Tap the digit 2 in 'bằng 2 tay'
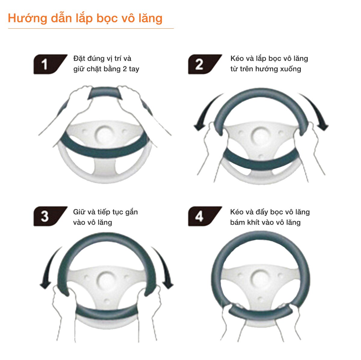[x=125, y=69]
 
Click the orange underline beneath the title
[x=91, y=29]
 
